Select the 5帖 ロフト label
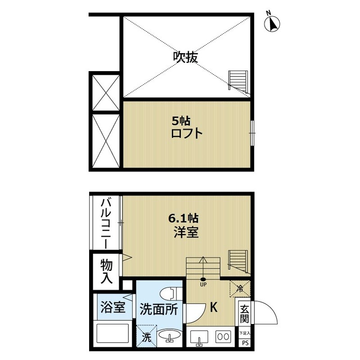[x=186, y=127]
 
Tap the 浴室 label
[x=112, y=310]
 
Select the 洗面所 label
[x=155, y=310]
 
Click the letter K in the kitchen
[x=214, y=307]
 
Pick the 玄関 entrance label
[x=244, y=314]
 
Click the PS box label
[x=245, y=343]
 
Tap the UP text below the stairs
[x=203, y=284]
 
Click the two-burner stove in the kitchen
[x=223, y=336]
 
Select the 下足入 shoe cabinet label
[x=244, y=333]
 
